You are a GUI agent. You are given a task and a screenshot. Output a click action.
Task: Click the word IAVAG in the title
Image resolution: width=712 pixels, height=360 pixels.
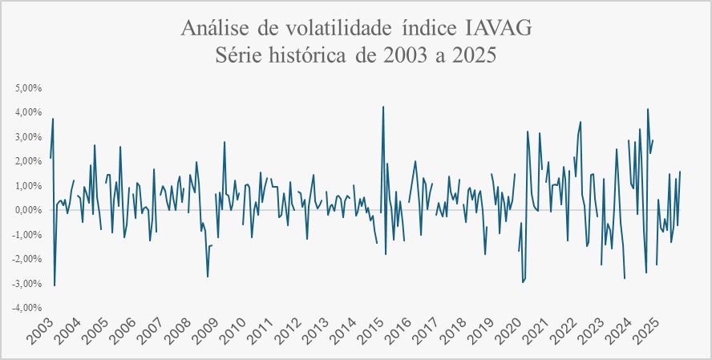(498, 30)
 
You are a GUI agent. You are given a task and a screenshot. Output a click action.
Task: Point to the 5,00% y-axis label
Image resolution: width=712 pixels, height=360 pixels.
(29, 87)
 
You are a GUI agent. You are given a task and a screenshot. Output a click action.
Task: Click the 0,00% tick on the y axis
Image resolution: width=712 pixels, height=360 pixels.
(29, 210)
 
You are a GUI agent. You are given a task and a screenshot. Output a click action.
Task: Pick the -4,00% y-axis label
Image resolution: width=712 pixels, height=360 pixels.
(27, 308)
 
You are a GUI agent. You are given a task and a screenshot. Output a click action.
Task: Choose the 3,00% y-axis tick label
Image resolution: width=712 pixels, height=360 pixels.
(29, 136)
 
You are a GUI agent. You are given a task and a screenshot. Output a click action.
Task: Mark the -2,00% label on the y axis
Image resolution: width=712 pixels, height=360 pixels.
(27, 259)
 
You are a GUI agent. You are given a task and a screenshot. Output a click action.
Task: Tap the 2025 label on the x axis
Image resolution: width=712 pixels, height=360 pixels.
(648, 330)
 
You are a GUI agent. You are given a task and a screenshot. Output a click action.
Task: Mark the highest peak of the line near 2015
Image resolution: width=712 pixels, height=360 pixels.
(383, 107)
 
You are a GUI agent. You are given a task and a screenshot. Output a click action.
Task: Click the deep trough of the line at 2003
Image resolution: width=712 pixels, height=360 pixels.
(55, 285)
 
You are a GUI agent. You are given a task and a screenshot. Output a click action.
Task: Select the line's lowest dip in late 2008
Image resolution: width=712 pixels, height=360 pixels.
(208, 277)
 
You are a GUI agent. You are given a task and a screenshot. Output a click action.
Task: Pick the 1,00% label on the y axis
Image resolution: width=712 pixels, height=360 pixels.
(29, 185)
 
